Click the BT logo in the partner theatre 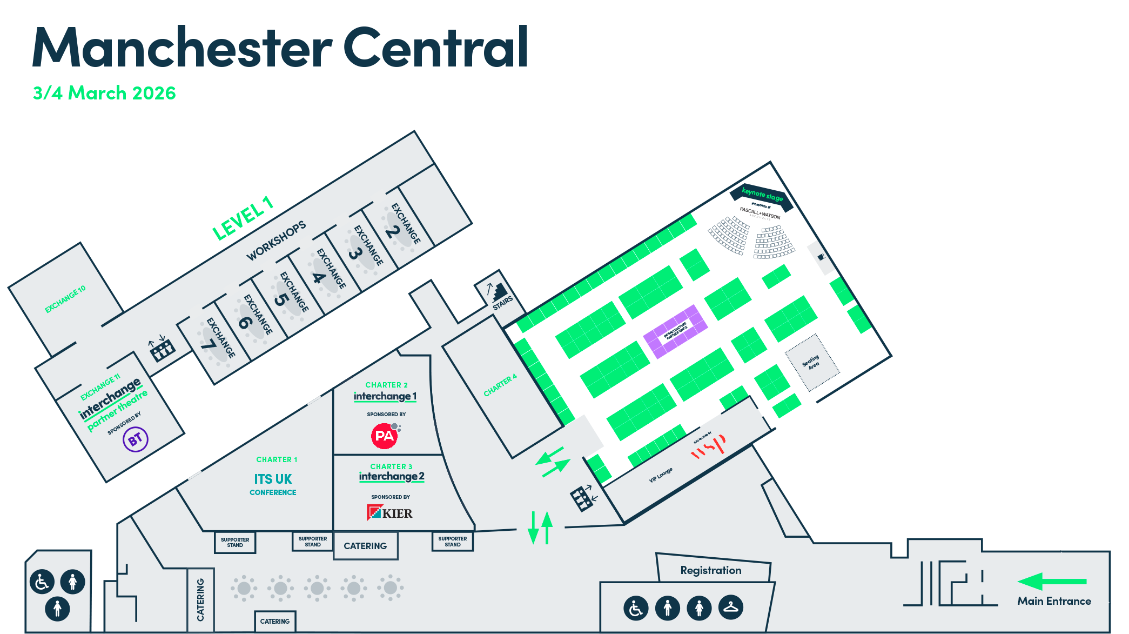tap(135, 439)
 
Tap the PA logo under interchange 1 tap(385, 436)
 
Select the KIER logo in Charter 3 tap(389, 512)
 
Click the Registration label tap(710, 570)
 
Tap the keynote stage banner tap(762, 195)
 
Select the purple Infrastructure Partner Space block tap(675, 331)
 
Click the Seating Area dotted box tap(812, 362)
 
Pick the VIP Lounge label tap(661, 475)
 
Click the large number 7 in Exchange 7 tap(209, 344)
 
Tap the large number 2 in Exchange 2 tap(393, 231)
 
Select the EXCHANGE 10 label tap(65, 299)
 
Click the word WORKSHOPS tap(276, 241)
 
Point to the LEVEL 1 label tap(243, 219)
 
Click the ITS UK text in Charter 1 tap(273, 479)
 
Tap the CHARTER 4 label tap(500, 385)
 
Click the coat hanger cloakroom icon tap(730, 607)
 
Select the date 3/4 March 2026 tap(104, 93)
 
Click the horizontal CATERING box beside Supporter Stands tap(365, 546)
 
